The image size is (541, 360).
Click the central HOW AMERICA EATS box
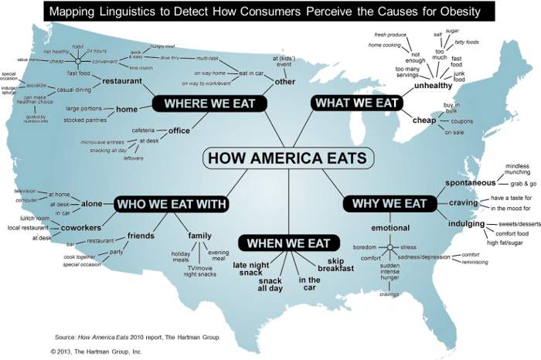click(x=288, y=158)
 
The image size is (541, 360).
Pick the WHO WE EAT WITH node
click(x=171, y=204)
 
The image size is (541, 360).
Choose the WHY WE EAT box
click(x=389, y=203)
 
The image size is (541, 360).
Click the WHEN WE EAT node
click(x=288, y=243)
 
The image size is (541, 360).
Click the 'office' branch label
click(x=179, y=131)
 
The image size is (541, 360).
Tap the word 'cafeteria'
click(x=147, y=129)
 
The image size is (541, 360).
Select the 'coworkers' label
click(x=77, y=228)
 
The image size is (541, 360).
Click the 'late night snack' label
click(x=252, y=268)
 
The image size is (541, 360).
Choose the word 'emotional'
click(x=390, y=228)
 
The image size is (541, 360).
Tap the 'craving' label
click(x=464, y=202)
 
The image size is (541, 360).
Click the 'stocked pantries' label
click(x=85, y=120)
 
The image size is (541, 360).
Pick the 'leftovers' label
click(x=134, y=158)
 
